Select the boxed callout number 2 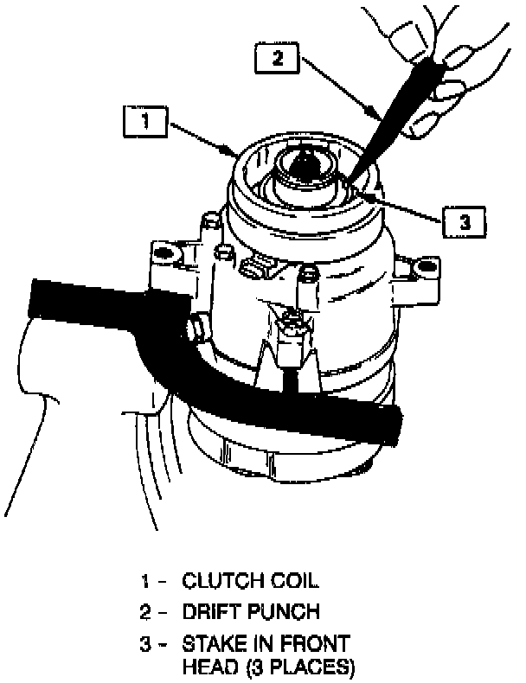(278, 60)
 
